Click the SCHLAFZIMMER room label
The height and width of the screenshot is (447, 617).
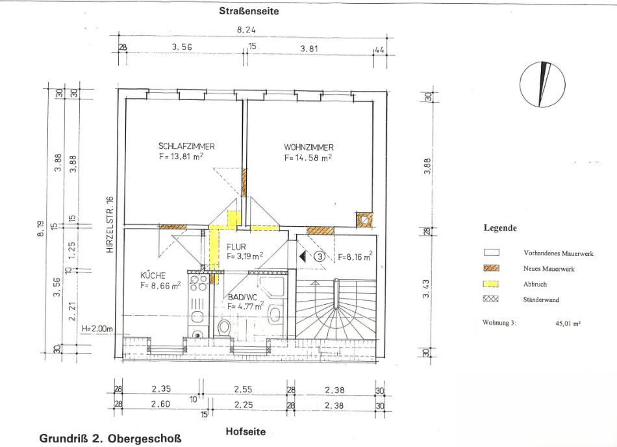click(x=186, y=146)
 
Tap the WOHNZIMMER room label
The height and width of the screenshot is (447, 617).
click(x=309, y=147)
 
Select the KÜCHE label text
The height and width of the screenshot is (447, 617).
click(x=153, y=275)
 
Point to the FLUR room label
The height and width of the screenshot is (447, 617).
click(x=236, y=247)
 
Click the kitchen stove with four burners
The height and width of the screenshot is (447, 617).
click(x=199, y=283)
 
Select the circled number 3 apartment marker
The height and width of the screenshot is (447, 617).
click(x=320, y=257)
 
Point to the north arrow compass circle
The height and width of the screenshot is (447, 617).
click(x=542, y=84)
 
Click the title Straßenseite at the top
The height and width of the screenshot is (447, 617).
click(x=249, y=12)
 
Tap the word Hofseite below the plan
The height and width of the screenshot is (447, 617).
click(x=246, y=431)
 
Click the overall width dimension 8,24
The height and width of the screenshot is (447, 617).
click(x=247, y=30)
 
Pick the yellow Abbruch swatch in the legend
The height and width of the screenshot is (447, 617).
click(x=491, y=284)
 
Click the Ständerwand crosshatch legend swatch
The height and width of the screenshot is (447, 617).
click(x=491, y=299)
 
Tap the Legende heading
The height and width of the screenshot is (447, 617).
click(x=500, y=228)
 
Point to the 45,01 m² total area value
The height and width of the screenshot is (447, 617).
click(x=568, y=324)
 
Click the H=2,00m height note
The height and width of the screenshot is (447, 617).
click(x=97, y=329)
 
